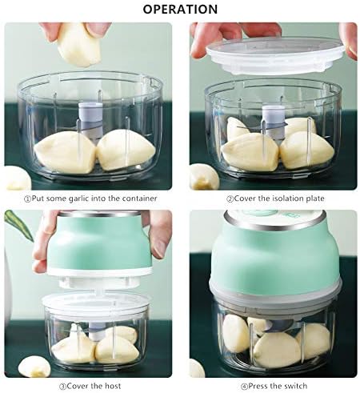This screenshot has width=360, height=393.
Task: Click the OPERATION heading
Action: pos(180,9)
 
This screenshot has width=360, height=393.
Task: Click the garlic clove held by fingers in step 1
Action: pos(79,44)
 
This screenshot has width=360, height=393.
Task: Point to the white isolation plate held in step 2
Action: pos(275,55)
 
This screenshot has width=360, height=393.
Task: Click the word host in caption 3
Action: pos(113,386)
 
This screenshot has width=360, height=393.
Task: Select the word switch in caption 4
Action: pos(294,386)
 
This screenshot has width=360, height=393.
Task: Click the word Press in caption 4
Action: pos(258,386)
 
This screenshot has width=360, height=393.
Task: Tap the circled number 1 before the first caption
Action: pos(28,199)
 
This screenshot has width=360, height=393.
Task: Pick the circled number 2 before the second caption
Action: pos(230,199)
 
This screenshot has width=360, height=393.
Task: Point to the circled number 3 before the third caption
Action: pos(63,387)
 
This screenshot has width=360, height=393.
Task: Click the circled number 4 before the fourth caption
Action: pos(244,387)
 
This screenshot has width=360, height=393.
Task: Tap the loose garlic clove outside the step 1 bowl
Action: pos(17,178)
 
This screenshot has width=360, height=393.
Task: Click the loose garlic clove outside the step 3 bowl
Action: pos(34,367)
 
